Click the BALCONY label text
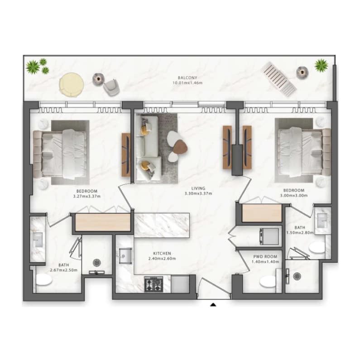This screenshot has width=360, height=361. (x=187, y=78)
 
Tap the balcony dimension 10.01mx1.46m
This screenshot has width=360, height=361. (x=187, y=82)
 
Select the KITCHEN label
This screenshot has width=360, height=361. (x=162, y=254)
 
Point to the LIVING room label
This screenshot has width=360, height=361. (x=198, y=188)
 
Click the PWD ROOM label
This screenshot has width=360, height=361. (x=265, y=257)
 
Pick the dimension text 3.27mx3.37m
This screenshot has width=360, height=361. (x=87, y=197)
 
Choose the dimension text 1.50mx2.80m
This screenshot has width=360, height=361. (x=300, y=232)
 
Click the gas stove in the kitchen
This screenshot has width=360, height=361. (x=154, y=284)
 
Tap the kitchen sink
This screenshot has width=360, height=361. (x=125, y=256)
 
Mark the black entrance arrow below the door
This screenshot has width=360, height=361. (x=213, y=305)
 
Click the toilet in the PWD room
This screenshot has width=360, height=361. (x=268, y=281)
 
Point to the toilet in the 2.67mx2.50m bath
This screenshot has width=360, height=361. (x=44, y=279)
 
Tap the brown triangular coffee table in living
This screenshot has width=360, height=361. (x=180, y=146)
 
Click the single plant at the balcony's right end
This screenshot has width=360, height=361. (x=322, y=65)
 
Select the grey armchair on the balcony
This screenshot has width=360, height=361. (x=112, y=87)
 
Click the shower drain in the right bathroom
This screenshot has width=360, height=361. (x=298, y=276)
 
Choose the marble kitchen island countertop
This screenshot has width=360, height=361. (x=162, y=225)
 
